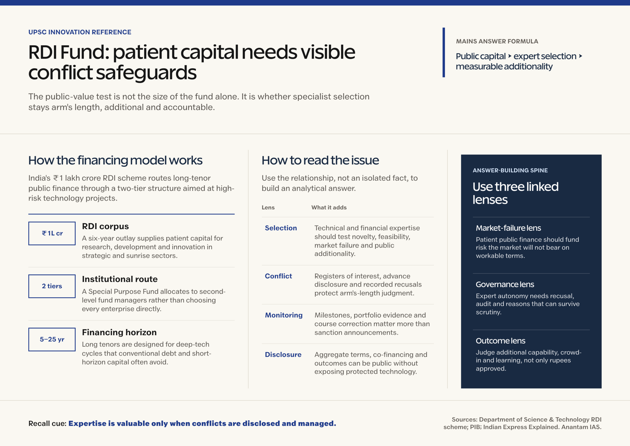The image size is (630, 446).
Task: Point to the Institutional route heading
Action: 120,279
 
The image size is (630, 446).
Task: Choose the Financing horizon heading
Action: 119,332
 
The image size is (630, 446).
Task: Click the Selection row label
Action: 281,228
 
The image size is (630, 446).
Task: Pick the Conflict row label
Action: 278,276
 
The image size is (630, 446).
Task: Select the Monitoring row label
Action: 284,315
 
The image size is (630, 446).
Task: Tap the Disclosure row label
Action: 283,355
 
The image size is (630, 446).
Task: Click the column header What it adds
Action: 329,207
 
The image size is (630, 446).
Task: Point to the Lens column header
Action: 268,207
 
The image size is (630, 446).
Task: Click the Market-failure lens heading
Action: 508,228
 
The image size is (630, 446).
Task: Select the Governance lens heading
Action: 505,284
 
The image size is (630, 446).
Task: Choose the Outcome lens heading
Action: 501,341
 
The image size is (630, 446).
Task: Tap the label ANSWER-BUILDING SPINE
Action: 510,170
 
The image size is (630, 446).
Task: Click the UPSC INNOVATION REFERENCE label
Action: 80,32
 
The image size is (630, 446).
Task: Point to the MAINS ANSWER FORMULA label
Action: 497,41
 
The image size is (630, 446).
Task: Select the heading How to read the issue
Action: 320,160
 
